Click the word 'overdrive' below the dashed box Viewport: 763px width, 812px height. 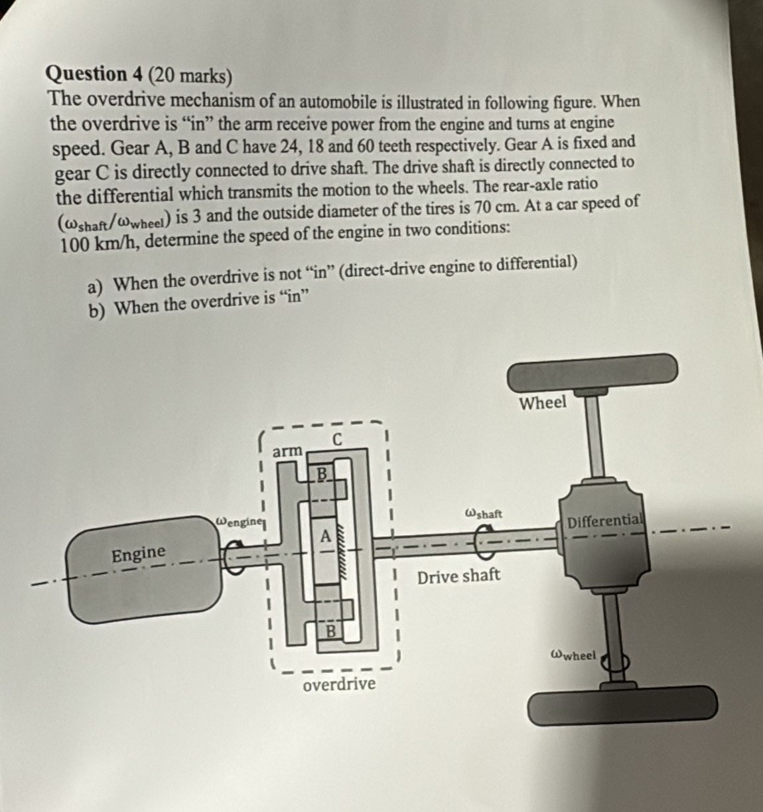click(338, 684)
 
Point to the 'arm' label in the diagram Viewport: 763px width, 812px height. click(287, 451)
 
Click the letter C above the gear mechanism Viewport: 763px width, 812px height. click(337, 440)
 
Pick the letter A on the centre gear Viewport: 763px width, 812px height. click(325, 536)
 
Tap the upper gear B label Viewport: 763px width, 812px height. click(322, 473)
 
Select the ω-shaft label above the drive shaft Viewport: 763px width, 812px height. click(484, 514)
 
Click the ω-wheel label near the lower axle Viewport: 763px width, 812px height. click(574, 655)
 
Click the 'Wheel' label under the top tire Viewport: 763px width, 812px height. click(543, 402)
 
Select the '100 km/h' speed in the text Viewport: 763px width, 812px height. click(99, 244)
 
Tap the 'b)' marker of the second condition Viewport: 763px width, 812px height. click(99, 309)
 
